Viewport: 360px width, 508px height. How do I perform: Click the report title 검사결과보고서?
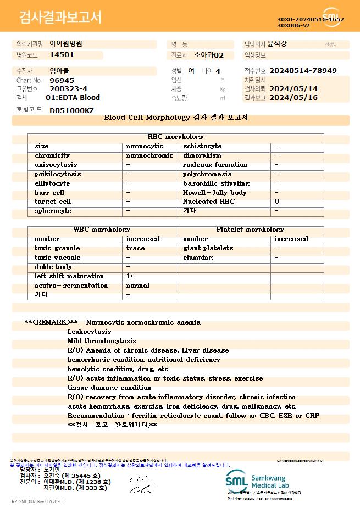click(x=60, y=18)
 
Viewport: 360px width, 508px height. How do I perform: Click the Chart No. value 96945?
click(x=62, y=80)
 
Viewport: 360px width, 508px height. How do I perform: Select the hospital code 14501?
click(x=62, y=55)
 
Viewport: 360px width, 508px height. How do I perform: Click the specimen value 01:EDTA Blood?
click(x=73, y=98)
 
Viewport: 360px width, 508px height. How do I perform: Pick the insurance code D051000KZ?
click(x=71, y=110)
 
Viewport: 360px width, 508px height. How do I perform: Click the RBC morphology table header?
click(x=176, y=137)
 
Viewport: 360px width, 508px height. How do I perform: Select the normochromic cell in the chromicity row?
click(x=149, y=155)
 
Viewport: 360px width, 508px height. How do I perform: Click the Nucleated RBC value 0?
click(x=277, y=202)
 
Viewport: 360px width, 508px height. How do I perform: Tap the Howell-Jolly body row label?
click(x=215, y=193)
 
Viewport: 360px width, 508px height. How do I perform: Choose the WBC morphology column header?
click(x=102, y=230)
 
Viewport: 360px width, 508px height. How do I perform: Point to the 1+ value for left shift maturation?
click(x=130, y=276)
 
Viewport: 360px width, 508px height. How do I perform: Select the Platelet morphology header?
click(x=250, y=230)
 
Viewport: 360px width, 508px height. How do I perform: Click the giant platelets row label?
click(x=208, y=248)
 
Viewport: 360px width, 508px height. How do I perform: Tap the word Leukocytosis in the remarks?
click(x=89, y=332)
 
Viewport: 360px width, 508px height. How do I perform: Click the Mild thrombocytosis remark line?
click(x=102, y=341)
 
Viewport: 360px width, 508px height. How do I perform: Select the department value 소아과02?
click(x=209, y=55)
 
